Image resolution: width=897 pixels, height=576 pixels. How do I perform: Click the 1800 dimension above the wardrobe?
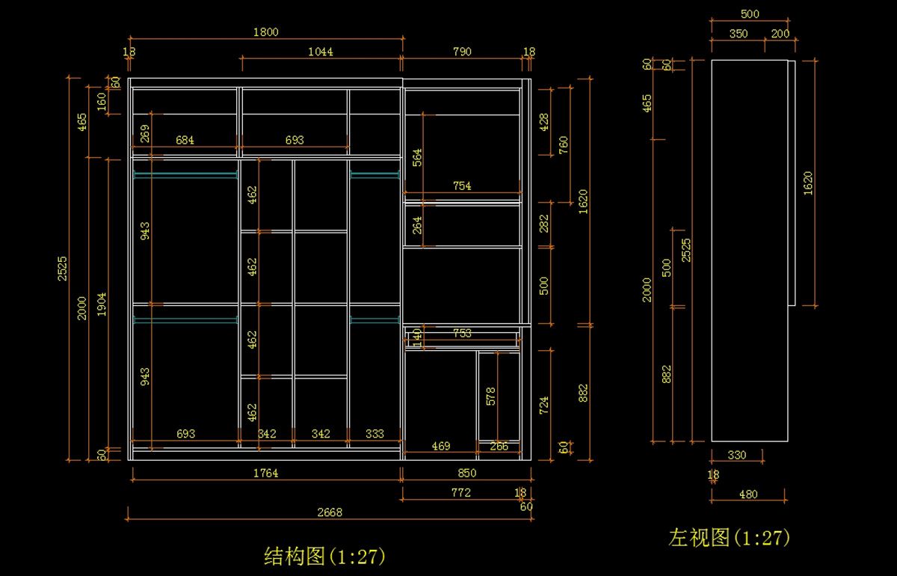266,31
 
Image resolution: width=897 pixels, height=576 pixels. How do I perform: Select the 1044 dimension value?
321,52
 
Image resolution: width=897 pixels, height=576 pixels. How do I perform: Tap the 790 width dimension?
463,52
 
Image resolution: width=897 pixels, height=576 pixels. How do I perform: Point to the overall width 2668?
330,512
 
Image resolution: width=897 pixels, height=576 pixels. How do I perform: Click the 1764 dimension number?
265,473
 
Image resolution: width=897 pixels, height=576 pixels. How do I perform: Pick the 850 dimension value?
466,473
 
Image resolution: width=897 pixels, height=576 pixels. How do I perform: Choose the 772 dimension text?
461,492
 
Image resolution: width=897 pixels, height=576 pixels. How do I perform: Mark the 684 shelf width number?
185,140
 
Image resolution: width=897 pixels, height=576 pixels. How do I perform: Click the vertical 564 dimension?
418,157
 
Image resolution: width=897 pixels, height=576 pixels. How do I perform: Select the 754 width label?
463,186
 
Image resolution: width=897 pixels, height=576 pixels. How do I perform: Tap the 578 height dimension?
490,395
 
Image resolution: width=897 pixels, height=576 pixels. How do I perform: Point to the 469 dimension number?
441,447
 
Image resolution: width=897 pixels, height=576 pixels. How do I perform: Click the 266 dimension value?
499,447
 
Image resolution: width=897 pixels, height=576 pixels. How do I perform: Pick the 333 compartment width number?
374,434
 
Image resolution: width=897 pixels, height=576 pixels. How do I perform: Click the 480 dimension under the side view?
747,494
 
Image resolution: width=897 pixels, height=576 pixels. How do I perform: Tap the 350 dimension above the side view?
738,34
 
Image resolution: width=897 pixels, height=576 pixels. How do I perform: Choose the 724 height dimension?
544,405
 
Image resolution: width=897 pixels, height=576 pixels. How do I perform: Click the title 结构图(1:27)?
325,557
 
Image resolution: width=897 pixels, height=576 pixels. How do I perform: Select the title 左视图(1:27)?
729,537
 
